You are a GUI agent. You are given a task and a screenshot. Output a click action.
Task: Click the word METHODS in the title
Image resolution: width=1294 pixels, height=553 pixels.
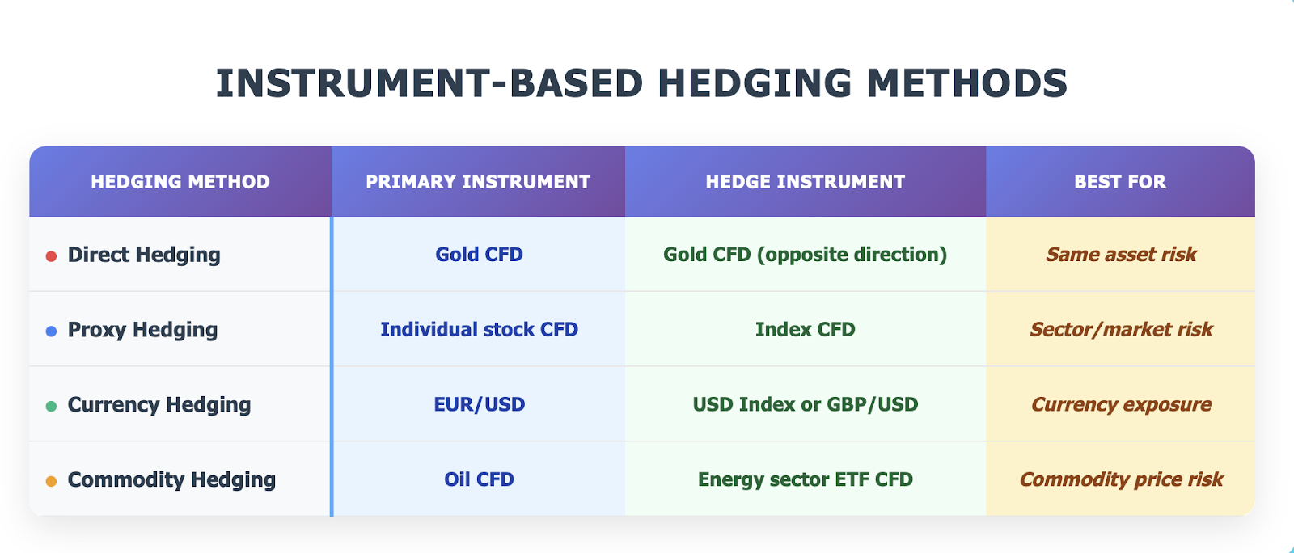967,83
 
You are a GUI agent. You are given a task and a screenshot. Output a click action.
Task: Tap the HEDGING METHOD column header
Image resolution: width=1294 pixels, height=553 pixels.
180,182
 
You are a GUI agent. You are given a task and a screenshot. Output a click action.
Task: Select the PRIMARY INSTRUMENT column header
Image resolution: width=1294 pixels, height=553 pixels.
478,182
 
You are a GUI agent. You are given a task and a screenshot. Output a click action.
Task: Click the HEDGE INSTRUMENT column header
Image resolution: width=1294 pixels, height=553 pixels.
806,182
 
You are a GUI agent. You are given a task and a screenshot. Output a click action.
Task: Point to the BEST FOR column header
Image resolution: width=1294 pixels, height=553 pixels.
1120,182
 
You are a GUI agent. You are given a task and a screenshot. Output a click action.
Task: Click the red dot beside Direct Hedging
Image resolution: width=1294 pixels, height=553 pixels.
51,256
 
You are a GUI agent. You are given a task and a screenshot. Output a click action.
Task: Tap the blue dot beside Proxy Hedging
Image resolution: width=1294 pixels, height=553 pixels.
51,331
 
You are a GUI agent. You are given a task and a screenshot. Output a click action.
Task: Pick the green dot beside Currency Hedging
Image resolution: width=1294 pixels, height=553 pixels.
51,407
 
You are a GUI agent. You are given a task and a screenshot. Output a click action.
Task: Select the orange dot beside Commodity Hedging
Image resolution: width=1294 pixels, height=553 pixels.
51,481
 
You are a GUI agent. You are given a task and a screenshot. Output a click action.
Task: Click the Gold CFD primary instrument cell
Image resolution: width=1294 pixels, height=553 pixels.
479,255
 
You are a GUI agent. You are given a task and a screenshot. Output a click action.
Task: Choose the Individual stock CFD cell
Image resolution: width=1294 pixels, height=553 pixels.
479,330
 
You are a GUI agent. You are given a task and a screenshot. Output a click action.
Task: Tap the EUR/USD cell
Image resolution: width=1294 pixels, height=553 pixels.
479,405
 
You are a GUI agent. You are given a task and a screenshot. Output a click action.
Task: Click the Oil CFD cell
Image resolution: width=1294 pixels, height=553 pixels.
479,479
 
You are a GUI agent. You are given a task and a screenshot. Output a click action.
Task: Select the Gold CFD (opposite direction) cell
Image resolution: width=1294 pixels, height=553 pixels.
806,255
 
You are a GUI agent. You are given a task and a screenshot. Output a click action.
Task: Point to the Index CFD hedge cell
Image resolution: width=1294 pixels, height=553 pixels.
806,330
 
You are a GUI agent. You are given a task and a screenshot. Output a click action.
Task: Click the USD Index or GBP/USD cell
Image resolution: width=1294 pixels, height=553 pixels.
806,405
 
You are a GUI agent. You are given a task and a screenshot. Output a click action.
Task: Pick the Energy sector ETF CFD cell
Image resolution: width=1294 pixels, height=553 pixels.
806,479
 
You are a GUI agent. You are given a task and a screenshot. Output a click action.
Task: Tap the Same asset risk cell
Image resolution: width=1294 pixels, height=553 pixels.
1121,255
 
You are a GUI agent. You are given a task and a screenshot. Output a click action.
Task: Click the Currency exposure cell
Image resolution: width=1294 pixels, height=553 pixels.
1121,405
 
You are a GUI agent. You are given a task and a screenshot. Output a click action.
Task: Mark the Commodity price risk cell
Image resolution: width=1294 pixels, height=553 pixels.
1121,479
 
